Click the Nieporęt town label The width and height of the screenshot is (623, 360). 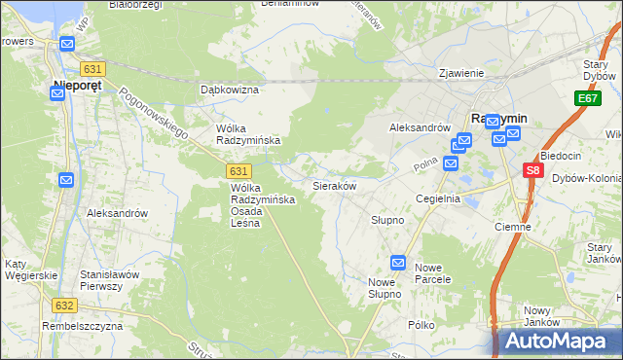coord(66,85)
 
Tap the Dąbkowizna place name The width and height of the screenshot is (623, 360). coord(229,90)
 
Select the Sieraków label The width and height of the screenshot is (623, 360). coord(334,185)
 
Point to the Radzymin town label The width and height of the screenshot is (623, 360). coord(498,118)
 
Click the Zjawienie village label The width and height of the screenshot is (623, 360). coord(461,72)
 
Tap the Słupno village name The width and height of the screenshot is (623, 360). coord(386,221)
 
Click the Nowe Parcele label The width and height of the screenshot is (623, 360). coord(433,273)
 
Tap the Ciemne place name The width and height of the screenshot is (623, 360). coord(512,227)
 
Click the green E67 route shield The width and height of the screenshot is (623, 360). coord(587,98)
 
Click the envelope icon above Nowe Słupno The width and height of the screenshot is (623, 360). coord(398,263)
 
